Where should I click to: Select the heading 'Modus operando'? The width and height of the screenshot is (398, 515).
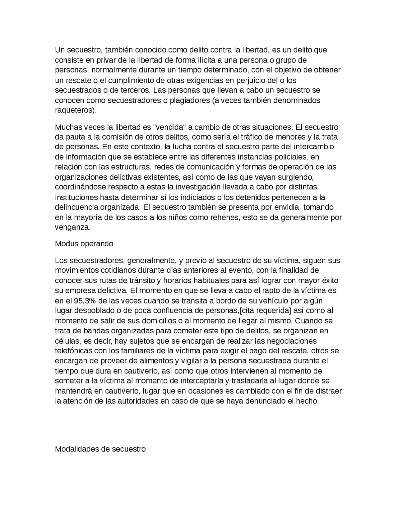[x=84, y=244]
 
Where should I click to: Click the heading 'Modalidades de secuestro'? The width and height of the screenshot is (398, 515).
[x=100, y=449]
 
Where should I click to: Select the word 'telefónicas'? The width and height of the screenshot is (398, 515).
[x=73, y=351]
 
